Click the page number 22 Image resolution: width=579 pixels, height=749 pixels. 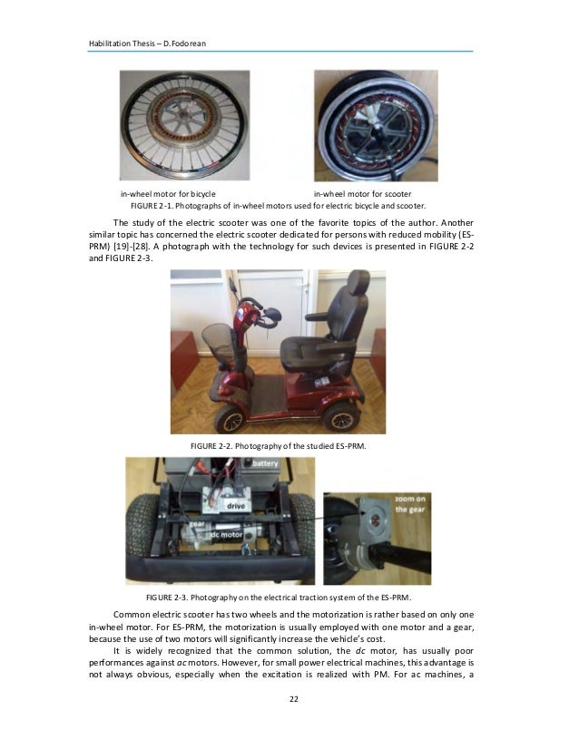pyautogui.click(x=293, y=699)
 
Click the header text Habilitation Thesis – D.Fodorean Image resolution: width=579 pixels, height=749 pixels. pyautogui.click(x=147, y=44)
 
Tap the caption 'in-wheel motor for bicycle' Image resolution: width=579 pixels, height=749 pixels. pyautogui.click(x=168, y=194)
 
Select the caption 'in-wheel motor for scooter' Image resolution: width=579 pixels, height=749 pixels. pyautogui.click(x=362, y=194)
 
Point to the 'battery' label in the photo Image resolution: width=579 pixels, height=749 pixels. pyautogui.click(x=265, y=463)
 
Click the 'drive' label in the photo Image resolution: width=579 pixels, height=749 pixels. pyautogui.click(x=236, y=506)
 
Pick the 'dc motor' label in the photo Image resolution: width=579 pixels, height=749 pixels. pyautogui.click(x=226, y=534)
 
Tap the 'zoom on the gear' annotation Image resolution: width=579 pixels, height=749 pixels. pyautogui.click(x=409, y=504)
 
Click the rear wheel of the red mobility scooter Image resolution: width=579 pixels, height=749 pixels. pyautogui.click(x=341, y=417)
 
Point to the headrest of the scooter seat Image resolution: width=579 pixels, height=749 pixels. pyautogui.click(x=358, y=283)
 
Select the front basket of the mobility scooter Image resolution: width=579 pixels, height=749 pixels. pyautogui.click(x=218, y=343)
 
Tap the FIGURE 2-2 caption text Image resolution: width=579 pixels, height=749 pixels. pyautogui.click(x=279, y=446)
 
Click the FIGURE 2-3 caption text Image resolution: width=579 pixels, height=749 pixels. pyautogui.click(x=279, y=598)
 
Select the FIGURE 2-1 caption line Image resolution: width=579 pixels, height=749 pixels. pyautogui.click(x=278, y=206)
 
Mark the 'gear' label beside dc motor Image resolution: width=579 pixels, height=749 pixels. pyautogui.click(x=197, y=524)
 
